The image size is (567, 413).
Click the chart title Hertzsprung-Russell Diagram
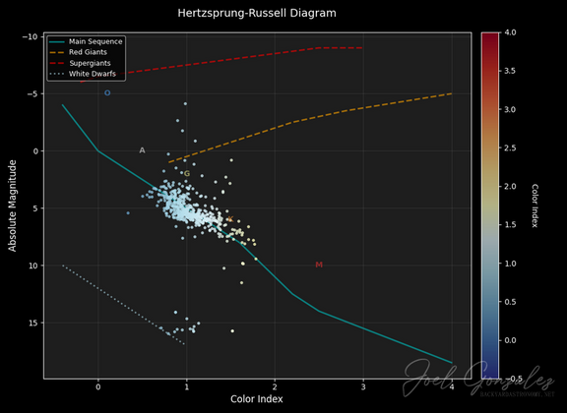[257, 14]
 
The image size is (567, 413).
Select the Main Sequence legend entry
[90, 41]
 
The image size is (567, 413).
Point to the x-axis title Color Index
[257, 399]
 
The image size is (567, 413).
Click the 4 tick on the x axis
[452, 385]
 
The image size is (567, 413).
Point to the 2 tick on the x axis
[275, 385]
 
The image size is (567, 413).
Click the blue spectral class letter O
[107, 93]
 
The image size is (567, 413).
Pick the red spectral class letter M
[319, 265]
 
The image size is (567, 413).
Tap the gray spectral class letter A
[142, 150]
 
